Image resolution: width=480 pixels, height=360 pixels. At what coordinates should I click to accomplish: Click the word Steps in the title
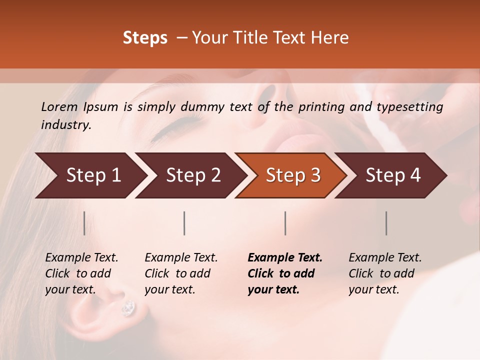145,38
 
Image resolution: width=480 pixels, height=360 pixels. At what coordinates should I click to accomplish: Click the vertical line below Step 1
84,223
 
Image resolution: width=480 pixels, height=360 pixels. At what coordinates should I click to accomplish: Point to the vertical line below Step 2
184,223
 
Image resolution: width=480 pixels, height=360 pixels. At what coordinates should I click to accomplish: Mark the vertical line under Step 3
285,223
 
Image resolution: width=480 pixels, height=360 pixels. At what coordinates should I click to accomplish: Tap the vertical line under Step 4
386,223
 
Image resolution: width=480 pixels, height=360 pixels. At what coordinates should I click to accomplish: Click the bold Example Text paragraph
284,273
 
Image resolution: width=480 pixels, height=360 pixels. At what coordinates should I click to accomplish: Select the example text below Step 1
81,273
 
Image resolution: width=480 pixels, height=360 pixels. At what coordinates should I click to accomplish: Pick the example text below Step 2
181,273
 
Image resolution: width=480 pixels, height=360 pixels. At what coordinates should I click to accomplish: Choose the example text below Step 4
384,273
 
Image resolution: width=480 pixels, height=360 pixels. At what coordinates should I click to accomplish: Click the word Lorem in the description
59,107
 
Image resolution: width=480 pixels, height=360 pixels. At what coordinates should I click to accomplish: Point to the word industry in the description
65,125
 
